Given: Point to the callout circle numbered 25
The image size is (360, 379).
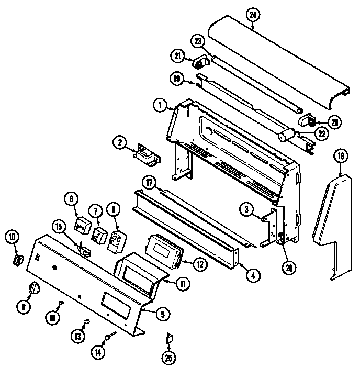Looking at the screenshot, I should click(x=168, y=359).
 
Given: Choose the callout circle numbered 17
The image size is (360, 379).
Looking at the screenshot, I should click(x=150, y=183).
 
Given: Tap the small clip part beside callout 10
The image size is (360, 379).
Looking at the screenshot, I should click(x=18, y=259).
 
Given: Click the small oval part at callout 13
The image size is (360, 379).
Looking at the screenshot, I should click(x=87, y=321).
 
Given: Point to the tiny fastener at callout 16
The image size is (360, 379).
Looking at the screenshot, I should click(x=62, y=303).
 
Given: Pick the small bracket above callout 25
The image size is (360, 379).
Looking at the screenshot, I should click(x=168, y=339).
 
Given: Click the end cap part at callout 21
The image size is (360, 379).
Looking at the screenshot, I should click(x=200, y=63).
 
